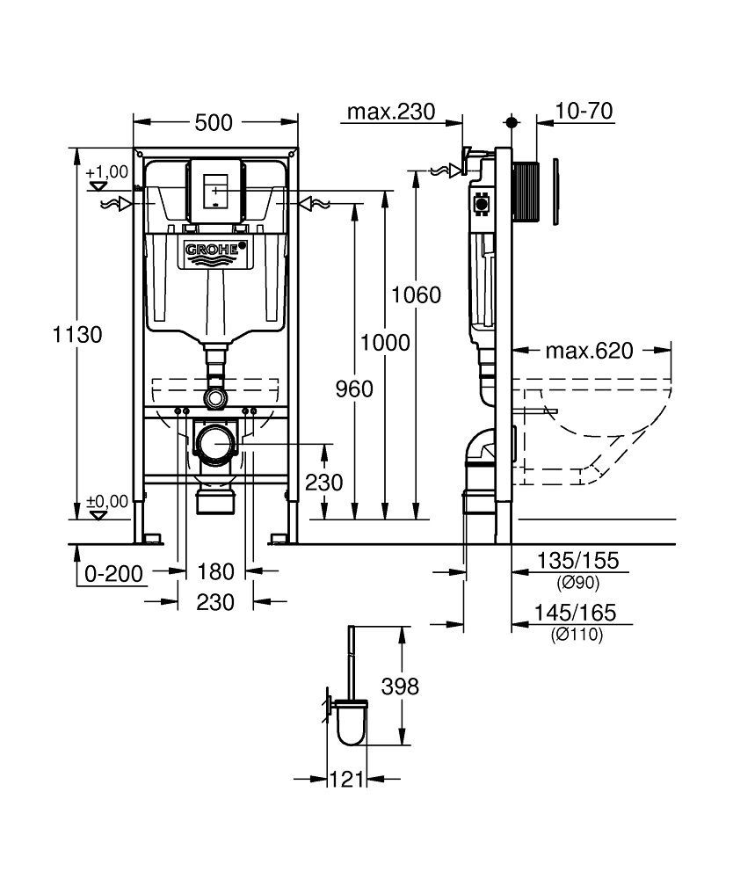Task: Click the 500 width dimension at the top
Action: [x=214, y=123]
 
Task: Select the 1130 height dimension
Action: [x=78, y=335]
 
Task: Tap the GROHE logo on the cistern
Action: [x=213, y=252]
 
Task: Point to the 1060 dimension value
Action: [x=416, y=295]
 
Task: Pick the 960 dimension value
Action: [x=354, y=389]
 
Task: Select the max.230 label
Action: [x=391, y=112]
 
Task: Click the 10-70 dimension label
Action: [x=584, y=112]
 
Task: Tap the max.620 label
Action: [x=589, y=352]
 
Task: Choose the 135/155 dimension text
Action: [x=578, y=560]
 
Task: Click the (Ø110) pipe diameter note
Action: [x=577, y=636]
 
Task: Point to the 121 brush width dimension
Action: [x=348, y=779]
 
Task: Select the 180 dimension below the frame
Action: [x=215, y=572]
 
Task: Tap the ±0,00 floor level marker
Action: [x=107, y=502]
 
